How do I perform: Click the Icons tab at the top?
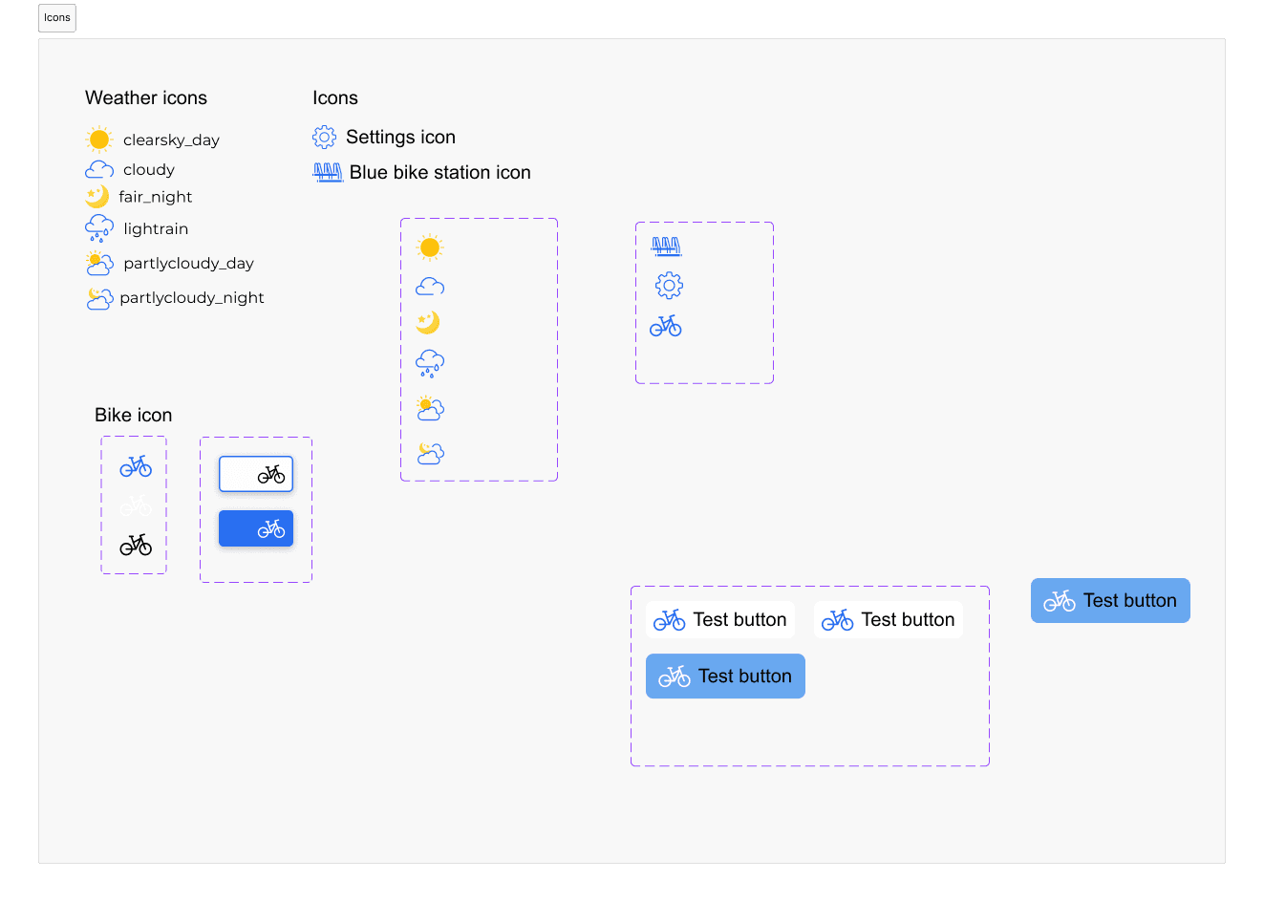click(x=57, y=18)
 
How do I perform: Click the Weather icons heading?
click(x=146, y=98)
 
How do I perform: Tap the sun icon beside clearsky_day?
click(x=99, y=140)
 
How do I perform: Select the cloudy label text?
click(x=149, y=170)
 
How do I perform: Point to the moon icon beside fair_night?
click(x=97, y=197)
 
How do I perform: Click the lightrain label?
click(x=156, y=229)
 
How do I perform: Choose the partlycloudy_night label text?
click(x=192, y=297)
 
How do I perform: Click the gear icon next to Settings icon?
click(x=325, y=138)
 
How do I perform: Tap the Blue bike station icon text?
click(x=440, y=173)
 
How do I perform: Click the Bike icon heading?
click(x=133, y=416)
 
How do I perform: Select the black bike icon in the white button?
click(x=271, y=475)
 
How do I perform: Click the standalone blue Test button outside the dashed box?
click(x=1110, y=601)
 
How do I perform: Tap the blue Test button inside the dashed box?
click(x=725, y=676)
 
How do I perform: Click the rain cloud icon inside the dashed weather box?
click(x=430, y=363)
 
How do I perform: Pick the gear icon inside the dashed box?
click(x=669, y=286)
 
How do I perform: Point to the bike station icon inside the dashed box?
click(x=667, y=247)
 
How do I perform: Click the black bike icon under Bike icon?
click(x=136, y=546)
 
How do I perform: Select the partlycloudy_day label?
click(x=188, y=264)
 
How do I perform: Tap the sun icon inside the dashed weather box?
click(x=430, y=247)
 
